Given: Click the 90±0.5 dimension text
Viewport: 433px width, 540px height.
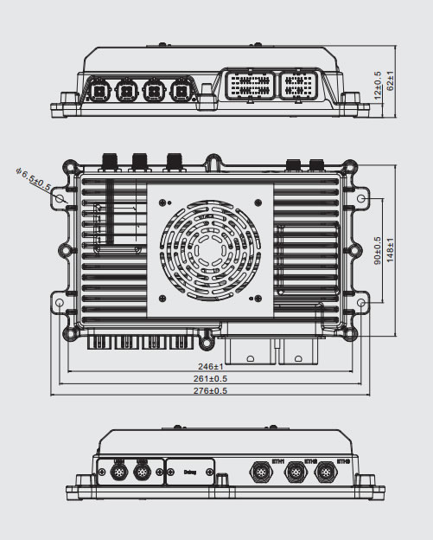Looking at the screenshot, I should tap(378, 251).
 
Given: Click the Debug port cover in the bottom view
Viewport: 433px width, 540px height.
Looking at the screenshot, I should tap(192, 472).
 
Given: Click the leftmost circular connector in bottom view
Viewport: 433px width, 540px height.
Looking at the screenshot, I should tap(118, 472).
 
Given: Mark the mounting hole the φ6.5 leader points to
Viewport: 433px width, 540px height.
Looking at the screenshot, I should tap(60, 198).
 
